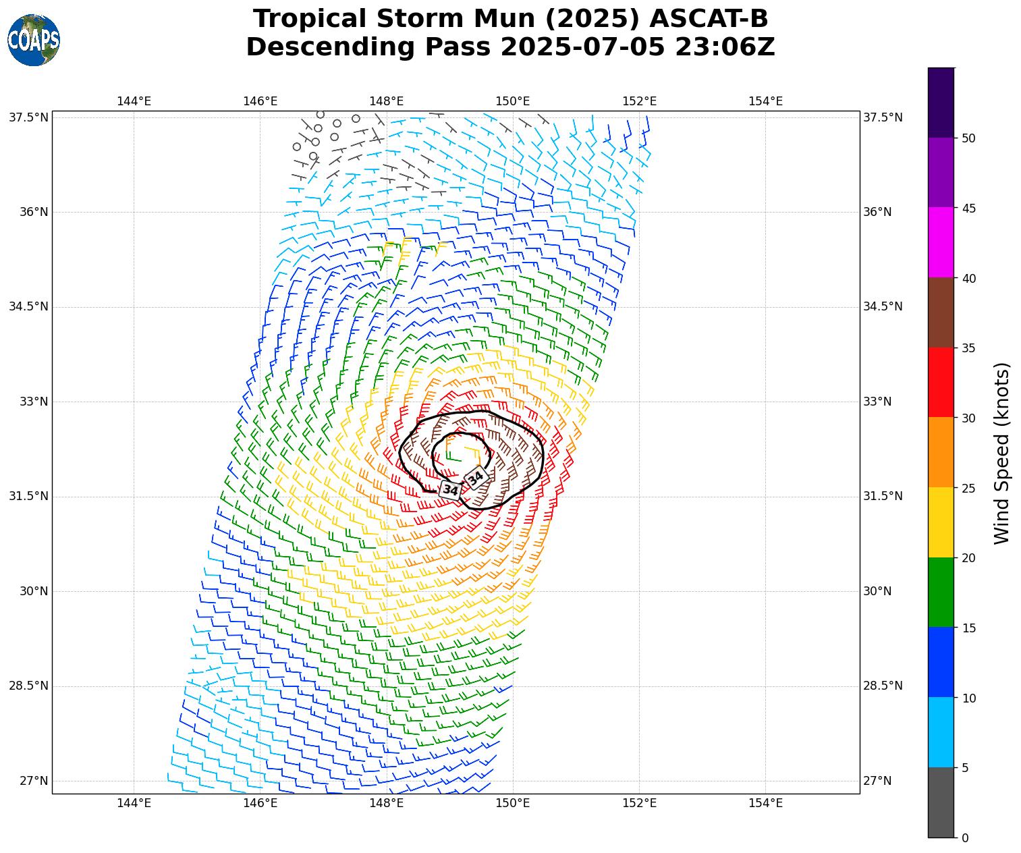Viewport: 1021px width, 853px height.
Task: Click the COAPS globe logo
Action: click(34, 40)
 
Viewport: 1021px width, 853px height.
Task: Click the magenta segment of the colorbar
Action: click(941, 242)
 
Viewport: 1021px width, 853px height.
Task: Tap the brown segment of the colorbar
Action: click(941, 312)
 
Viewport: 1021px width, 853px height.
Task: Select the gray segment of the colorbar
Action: click(941, 802)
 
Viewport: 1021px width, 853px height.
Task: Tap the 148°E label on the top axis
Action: click(386, 101)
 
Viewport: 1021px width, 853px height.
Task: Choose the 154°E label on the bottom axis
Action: click(765, 802)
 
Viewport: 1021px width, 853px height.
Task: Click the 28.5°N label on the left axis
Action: click(29, 686)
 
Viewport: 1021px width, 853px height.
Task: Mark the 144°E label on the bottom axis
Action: click(134, 802)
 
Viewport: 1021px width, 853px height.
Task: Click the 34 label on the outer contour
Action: click(450, 490)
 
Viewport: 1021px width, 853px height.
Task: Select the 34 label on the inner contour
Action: click(476, 477)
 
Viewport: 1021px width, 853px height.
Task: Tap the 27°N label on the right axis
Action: click(878, 781)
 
